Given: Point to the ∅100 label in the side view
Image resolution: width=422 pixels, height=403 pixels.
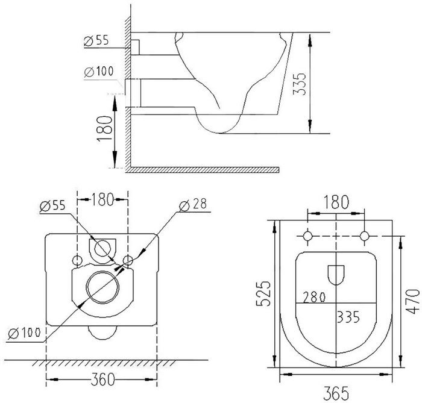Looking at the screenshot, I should (x=98, y=71).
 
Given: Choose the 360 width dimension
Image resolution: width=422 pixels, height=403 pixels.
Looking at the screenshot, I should (x=101, y=380).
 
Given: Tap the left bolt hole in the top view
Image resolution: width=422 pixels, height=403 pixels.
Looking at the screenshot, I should (x=308, y=235).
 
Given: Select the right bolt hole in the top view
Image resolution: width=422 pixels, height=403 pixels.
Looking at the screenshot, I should (x=366, y=235).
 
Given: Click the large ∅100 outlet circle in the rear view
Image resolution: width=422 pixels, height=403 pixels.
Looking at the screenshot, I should (x=101, y=286).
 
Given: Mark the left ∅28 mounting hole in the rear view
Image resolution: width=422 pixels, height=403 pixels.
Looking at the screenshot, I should (x=78, y=260).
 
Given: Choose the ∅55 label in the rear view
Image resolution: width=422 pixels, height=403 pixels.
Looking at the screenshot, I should (x=51, y=205).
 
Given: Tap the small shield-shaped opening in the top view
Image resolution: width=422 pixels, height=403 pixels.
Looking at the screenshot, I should (x=336, y=275).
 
